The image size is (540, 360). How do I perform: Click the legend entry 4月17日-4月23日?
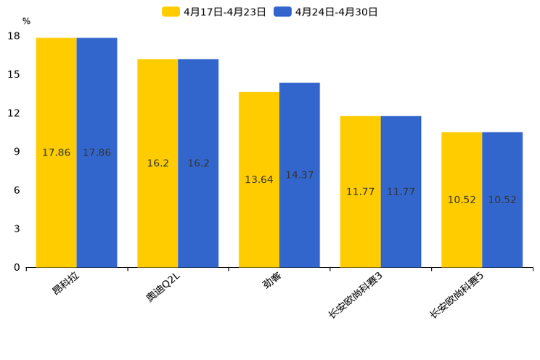point(214,12)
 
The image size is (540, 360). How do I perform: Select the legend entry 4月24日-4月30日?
point(326,12)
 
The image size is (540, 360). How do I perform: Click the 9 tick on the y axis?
point(16,152)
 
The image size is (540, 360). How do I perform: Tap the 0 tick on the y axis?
point(16,267)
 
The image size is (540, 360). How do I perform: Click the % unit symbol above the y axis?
point(26,22)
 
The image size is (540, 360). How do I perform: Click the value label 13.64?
point(259,179)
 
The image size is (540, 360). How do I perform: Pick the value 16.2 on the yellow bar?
point(157,163)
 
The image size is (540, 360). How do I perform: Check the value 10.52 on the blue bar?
point(502,200)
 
